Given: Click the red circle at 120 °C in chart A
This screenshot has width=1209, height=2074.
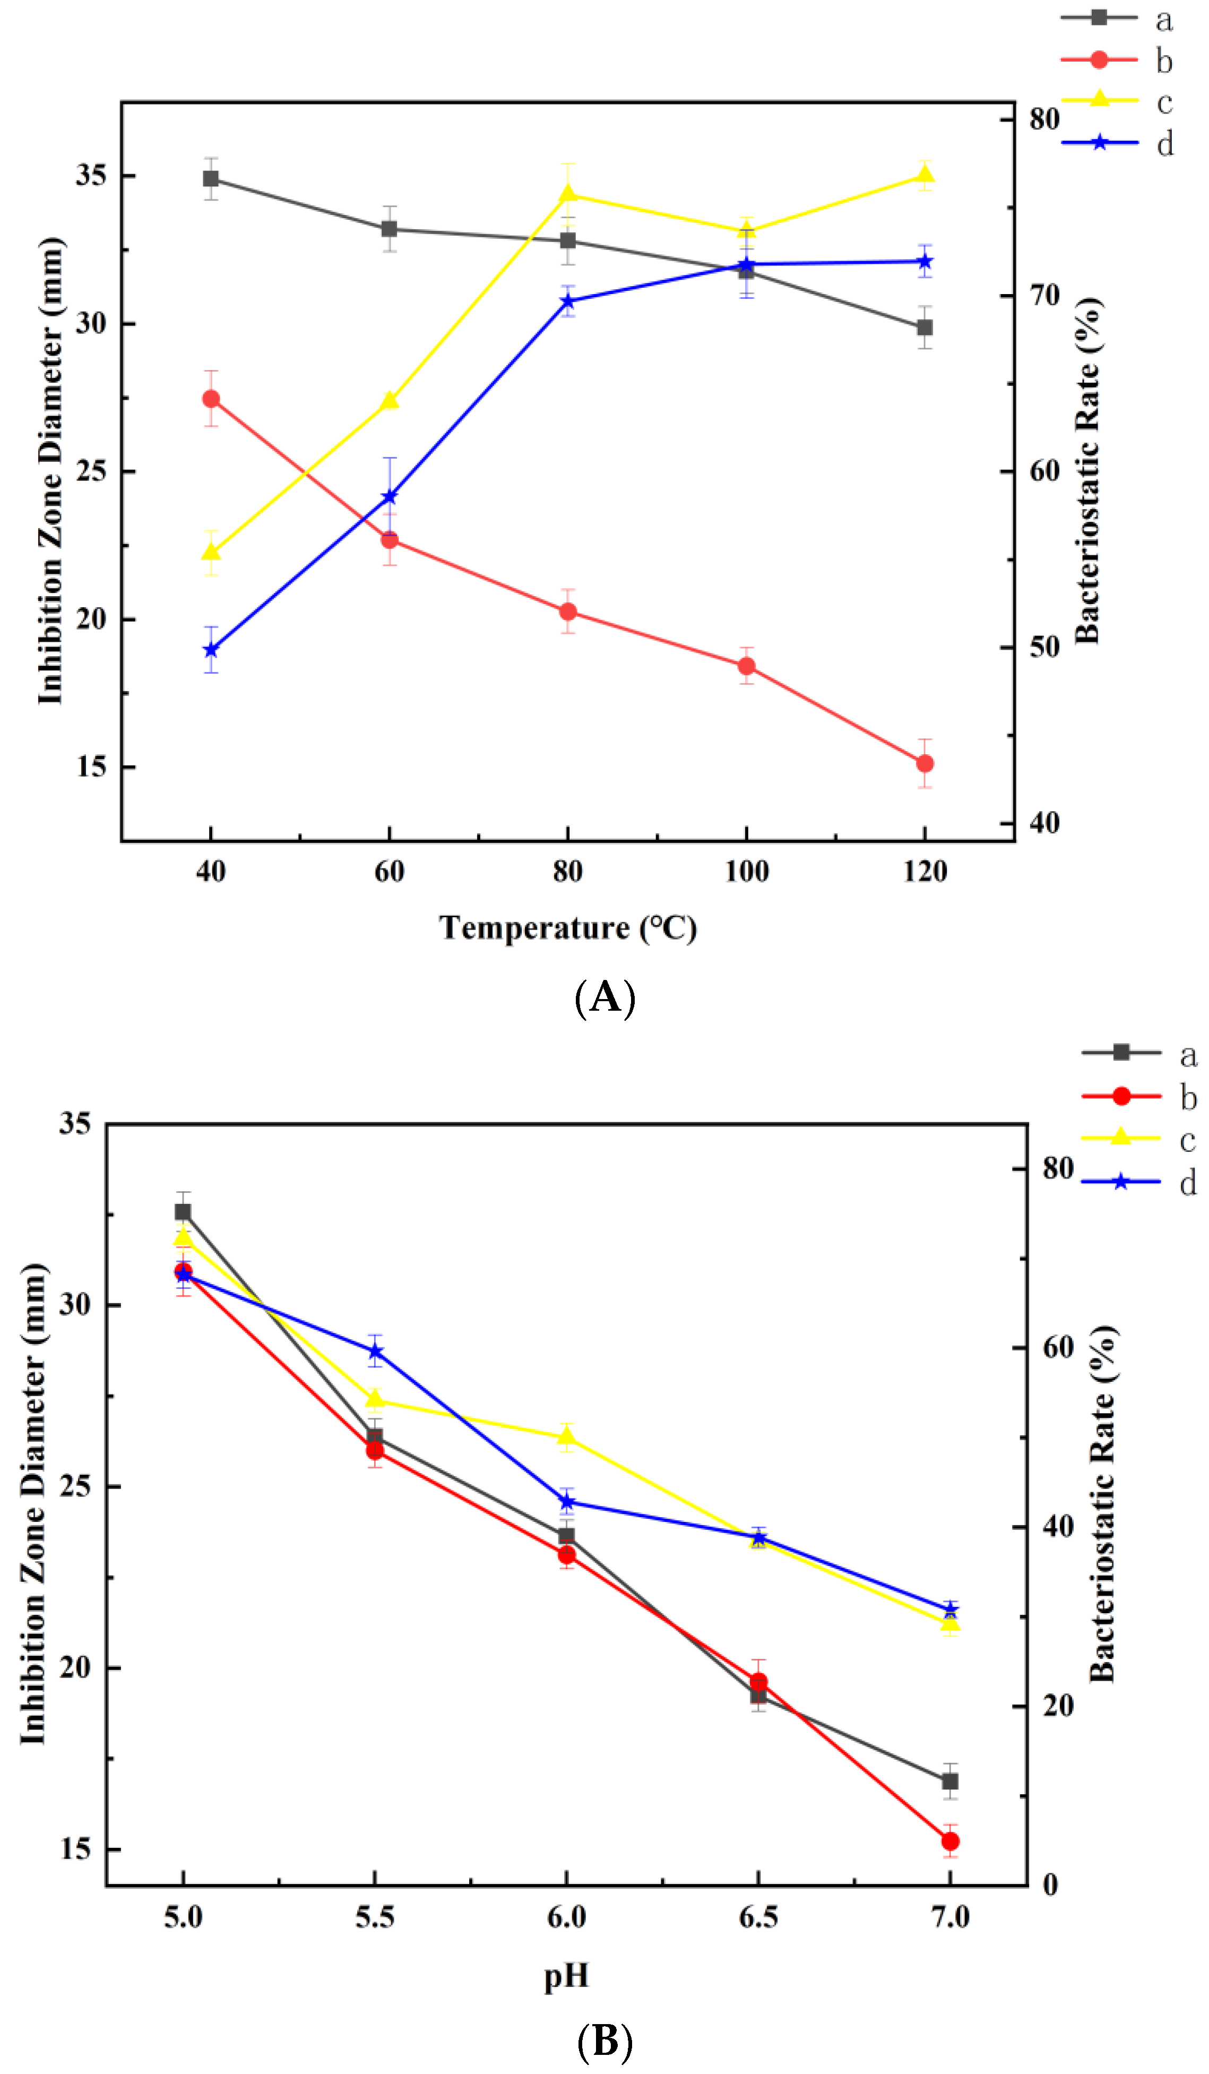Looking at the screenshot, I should [924, 764].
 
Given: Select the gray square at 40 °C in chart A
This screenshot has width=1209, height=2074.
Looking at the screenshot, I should [211, 178].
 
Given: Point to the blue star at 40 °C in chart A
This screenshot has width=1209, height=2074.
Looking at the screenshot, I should [211, 650].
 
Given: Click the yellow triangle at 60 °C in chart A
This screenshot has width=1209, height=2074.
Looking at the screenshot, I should [389, 401].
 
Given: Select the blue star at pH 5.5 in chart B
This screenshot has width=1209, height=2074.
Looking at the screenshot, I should [375, 1352].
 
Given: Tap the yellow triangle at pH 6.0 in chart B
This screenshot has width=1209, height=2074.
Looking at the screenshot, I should [566, 1437].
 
